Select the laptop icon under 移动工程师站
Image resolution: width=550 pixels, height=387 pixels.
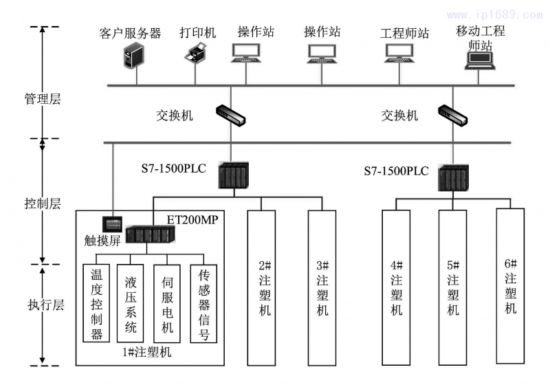click(481, 60)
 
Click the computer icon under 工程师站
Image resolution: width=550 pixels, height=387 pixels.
click(403, 54)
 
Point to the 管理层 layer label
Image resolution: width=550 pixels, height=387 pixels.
click(43, 99)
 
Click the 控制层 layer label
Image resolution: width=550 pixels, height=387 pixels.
click(43, 203)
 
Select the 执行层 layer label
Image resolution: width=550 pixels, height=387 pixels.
click(43, 305)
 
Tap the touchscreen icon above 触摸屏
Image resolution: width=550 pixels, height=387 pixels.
click(112, 223)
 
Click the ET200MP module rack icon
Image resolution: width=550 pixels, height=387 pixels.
click(151, 234)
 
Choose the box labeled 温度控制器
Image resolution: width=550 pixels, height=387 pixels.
click(97, 303)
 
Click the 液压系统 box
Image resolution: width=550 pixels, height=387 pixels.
click(131, 303)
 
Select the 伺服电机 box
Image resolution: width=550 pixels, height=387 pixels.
click(168, 303)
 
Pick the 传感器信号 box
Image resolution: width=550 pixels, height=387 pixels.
click(204, 303)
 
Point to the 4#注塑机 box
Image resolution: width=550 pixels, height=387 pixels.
click(397, 287)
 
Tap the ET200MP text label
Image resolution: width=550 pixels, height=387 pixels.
click(195, 219)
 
